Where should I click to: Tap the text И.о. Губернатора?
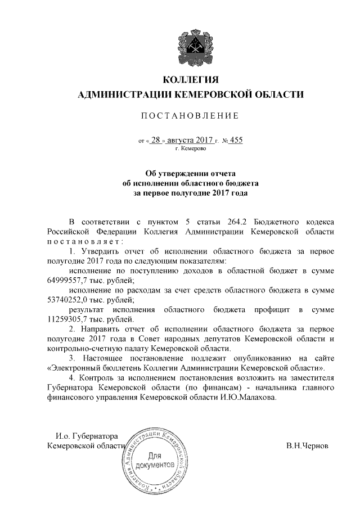(85, 436)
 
